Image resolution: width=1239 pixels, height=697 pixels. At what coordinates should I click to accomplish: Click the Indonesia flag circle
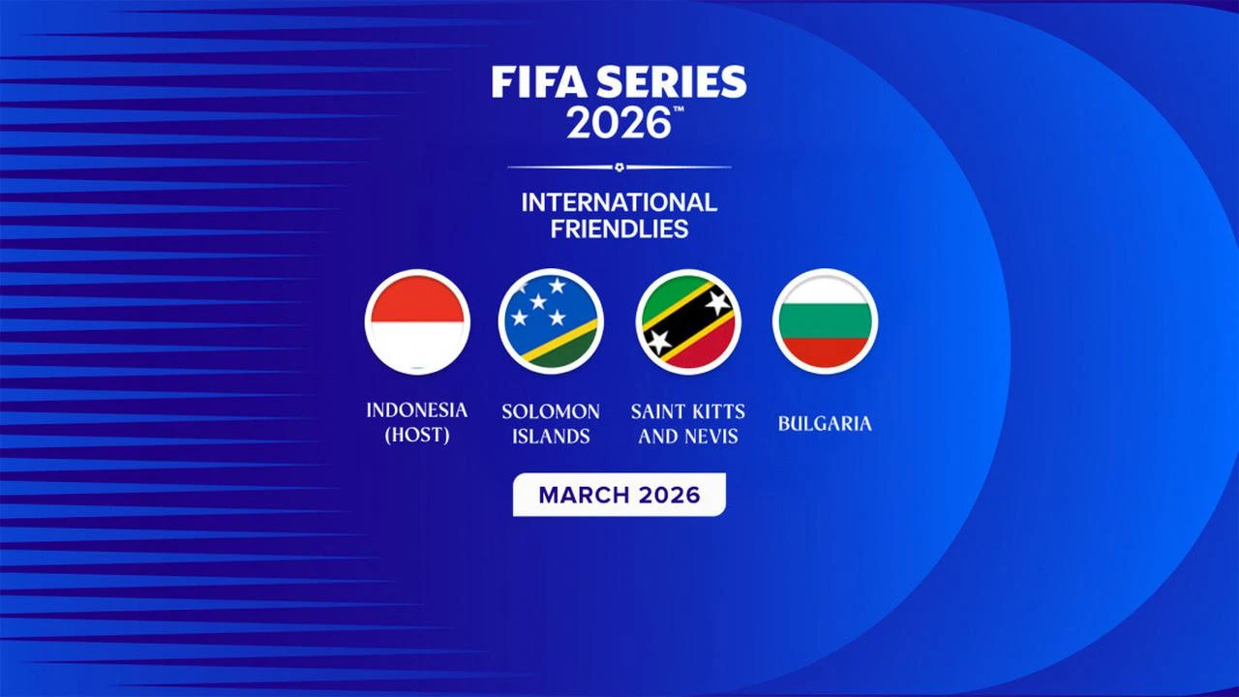pyautogui.click(x=417, y=321)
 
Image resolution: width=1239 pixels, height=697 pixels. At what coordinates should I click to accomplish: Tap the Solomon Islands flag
pyautogui.click(x=551, y=321)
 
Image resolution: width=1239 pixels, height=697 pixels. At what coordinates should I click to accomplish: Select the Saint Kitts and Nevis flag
pyautogui.click(x=688, y=321)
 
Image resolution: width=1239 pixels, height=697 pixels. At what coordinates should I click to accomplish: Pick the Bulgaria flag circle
pyautogui.click(x=825, y=321)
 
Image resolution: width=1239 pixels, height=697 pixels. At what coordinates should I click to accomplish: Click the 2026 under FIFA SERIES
pyautogui.click(x=618, y=124)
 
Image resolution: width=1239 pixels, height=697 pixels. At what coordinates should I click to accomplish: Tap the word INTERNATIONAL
pyautogui.click(x=619, y=202)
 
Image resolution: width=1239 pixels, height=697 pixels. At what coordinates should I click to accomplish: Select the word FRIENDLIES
pyautogui.click(x=619, y=229)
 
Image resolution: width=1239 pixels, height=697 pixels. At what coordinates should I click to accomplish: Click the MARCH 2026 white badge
pyautogui.click(x=619, y=495)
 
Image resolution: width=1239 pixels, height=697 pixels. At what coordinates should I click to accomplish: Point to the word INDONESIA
pyautogui.click(x=416, y=410)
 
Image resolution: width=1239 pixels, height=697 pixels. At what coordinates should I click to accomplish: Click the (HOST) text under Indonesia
pyautogui.click(x=416, y=436)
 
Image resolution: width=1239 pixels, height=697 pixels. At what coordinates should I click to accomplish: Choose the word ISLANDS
pyautogui.click(x=551, y=437)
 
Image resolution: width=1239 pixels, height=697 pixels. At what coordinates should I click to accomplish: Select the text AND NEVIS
pyautogui.click(x=688, y=437)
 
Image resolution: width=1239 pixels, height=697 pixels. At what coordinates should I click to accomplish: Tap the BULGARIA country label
pyautogui.click(x=825, y=424)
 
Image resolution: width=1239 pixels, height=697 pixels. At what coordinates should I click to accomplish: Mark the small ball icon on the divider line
pyautogui.click(x=619, y=167)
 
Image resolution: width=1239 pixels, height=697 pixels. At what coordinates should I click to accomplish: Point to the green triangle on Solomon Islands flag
pyautogui.click(x=571, y=352)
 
